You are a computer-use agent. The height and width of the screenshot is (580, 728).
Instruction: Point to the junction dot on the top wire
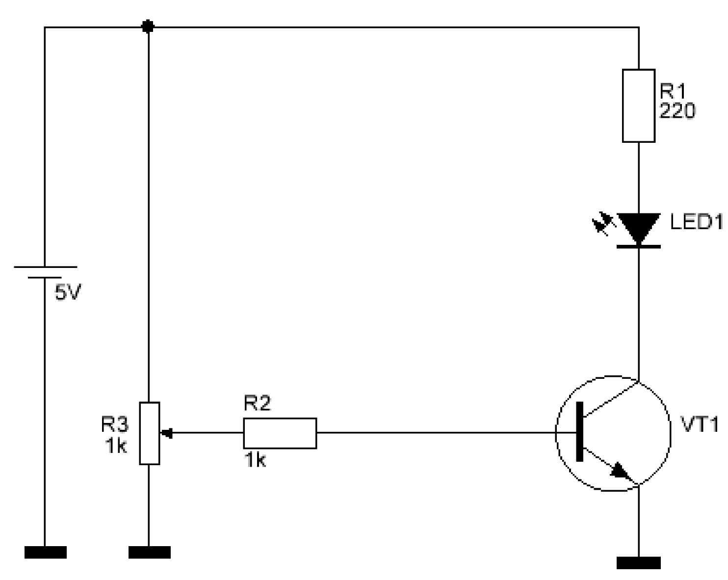148,26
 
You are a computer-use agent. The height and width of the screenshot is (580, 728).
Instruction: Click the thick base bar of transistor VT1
579,431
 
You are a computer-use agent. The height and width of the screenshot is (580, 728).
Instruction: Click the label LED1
696,222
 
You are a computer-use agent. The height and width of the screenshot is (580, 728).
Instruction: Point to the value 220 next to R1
677,110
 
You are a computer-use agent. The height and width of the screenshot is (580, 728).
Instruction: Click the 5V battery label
68,292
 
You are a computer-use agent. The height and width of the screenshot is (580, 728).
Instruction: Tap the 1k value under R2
255,460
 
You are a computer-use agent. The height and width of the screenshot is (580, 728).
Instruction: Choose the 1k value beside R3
116,446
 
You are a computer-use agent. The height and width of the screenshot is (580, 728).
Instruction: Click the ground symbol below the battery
45,552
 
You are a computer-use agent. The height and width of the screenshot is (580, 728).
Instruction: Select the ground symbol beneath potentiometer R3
149,552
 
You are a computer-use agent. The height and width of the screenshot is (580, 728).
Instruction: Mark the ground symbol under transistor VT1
638,563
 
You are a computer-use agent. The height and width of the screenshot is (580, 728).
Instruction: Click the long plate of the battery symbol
45,267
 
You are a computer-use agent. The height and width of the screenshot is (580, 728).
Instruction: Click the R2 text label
257,403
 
